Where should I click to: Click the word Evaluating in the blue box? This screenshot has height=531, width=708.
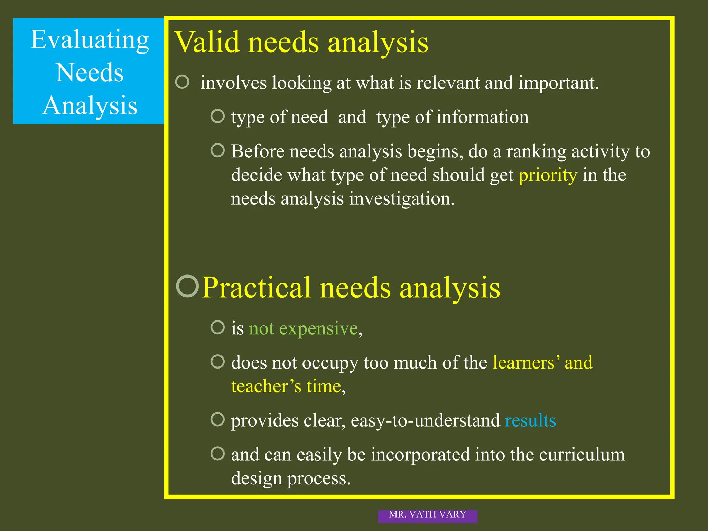(x=90, y=40)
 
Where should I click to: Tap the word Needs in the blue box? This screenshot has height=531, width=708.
(x=90, y=73)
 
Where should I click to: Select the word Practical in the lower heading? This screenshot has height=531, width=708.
(x=256, y=288)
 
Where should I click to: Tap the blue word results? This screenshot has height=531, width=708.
(x=530, y=421)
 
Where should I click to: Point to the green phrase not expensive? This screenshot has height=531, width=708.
(x=303, y=328)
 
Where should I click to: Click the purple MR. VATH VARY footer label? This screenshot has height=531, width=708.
(x=427, y=515)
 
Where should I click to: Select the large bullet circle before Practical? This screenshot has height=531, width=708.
(x=187, y=286)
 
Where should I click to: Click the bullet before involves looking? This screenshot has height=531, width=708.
(x=182, y=82)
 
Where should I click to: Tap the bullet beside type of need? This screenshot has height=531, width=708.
(x=217, y=116)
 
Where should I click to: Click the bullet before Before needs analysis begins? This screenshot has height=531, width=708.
(x=217, y=150)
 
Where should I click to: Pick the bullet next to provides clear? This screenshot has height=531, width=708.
(x=217, y=419)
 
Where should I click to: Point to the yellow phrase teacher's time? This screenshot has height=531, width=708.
(x=286, y=386)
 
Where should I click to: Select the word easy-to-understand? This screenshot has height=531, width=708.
(x=425, y=421)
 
